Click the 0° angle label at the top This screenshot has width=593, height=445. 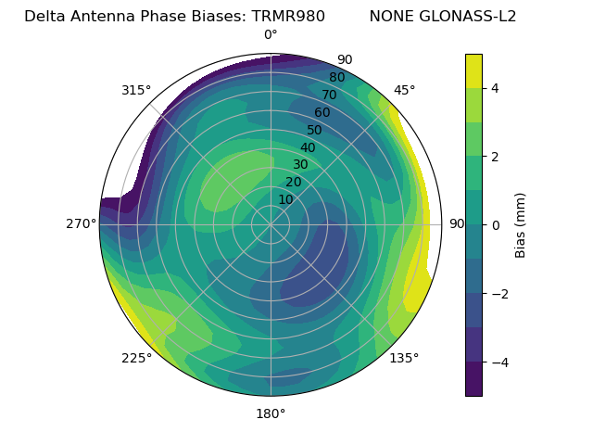271,35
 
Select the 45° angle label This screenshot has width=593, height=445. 404,90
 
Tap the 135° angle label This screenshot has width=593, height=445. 404,359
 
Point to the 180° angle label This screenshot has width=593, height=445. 271,413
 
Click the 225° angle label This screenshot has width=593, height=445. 136,359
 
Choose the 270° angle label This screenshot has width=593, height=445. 81,224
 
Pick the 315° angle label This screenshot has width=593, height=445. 136,90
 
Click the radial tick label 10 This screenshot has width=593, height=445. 285,199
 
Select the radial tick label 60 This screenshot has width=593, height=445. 322,113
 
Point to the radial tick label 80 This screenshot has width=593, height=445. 336,78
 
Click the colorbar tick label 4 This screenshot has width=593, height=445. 495,88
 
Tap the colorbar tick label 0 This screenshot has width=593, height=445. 495,225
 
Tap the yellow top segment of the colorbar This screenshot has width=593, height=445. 473,70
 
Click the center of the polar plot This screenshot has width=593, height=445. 271,224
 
